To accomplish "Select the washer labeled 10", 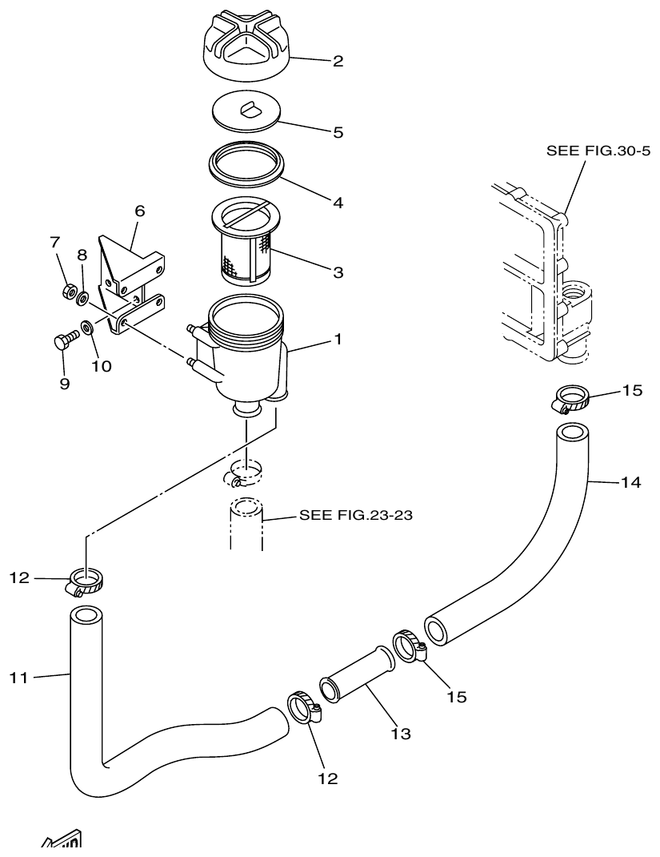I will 86,328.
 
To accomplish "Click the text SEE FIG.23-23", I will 355,517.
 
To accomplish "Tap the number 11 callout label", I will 19,678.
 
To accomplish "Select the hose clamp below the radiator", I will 572,398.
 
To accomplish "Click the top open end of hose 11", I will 86,618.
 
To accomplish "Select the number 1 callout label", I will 338,340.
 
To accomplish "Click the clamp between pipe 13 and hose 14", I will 408,646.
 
